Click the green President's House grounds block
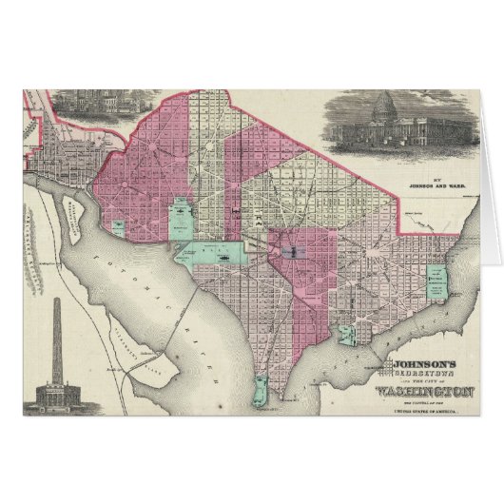point(179,218)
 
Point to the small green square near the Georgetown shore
point(117,227)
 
